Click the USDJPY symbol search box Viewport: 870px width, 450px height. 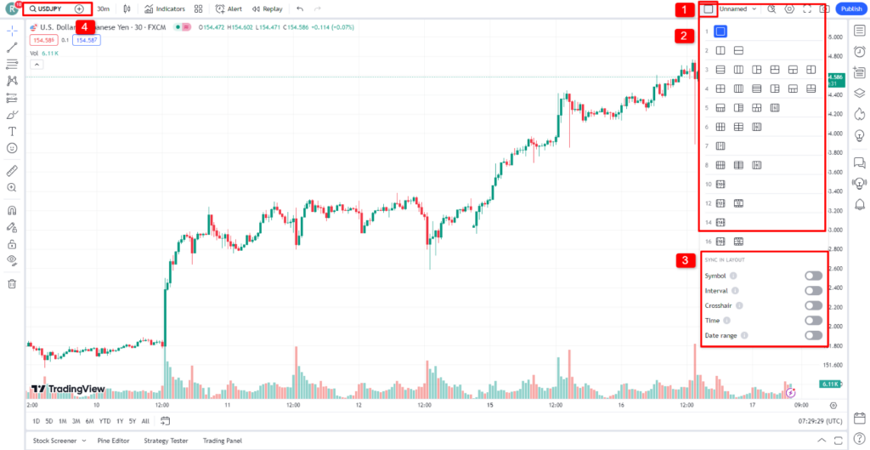49,9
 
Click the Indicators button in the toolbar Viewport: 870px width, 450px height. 165,9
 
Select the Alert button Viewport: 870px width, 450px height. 229,9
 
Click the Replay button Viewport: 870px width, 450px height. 268,9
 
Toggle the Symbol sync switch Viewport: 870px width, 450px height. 813,276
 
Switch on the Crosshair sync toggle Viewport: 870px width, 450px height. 813,305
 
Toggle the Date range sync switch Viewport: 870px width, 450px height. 813,335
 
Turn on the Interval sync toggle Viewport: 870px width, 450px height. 813,291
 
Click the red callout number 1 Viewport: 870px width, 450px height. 684,10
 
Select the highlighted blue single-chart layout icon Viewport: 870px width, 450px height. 720,31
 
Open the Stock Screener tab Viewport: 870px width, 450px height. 56,441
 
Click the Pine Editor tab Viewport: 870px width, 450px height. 113,441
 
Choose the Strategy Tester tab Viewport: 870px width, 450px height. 166,441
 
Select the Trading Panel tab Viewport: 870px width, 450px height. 222,441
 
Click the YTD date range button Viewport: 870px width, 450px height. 105,421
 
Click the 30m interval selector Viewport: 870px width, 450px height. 102,9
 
